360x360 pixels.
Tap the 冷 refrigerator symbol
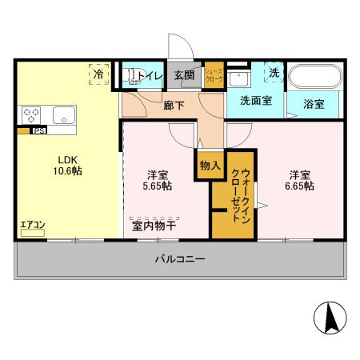[99, 74]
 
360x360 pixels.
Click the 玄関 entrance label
[184, 76]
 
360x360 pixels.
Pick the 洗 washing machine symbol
[274, 72]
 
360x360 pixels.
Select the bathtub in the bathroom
[314, 78]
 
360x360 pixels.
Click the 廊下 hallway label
[174, 104]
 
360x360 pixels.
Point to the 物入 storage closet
[210, 166]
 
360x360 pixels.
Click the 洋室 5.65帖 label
[158, 181]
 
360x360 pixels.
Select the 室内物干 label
[154, 226]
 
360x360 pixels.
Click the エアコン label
[32, 224]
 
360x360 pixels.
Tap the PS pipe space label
[38, 130]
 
